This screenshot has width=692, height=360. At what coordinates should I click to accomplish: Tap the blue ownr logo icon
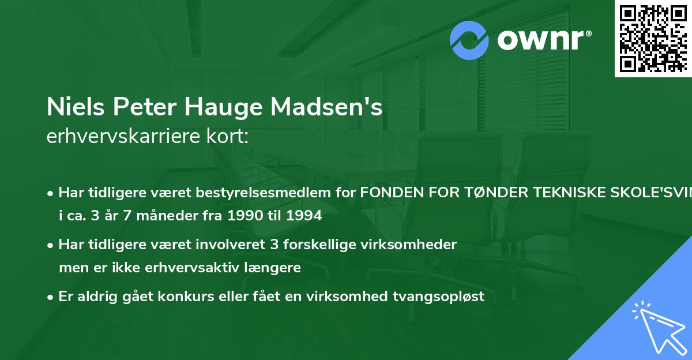point(469,40)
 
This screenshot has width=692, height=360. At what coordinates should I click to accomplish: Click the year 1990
point(243,217)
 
